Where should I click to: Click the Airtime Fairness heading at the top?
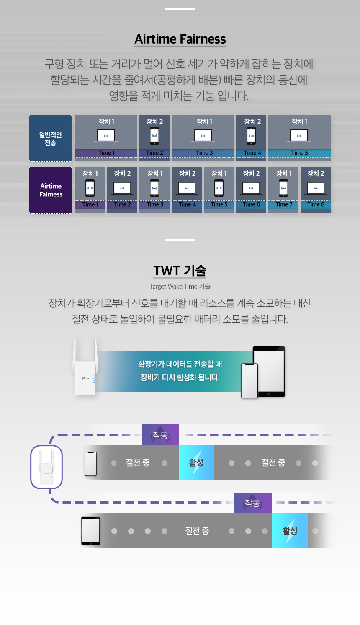click(x=180, y=39)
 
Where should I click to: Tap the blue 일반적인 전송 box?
click(x=51, y=138)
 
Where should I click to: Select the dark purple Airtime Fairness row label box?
click(x=51, y=190)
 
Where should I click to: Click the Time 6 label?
click(x=251, y=204)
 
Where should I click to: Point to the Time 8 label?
click(x=316, y=204)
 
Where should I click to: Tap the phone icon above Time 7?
click(x=283, y=188)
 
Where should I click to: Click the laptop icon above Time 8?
click(x=316, y=188)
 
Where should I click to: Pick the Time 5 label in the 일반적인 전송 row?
click(x=299, y=152)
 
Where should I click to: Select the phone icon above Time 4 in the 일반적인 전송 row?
click(x=251, y=136)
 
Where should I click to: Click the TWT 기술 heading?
click(x=180, y=270)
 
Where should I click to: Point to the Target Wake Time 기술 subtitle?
click(x=180, y=287)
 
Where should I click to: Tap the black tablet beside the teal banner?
click(x=269, y=372)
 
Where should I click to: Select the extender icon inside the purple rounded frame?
click(x=46, y=467)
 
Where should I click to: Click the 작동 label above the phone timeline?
click(x=160, y=435)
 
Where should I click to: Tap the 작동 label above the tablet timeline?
click(x=252, y=503)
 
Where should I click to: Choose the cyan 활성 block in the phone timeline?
click(x=196, y=462)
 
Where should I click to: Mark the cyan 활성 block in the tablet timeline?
click(x=290, y=531)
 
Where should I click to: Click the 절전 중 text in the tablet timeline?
click(x=197, y=531)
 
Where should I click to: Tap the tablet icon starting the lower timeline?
click(x=90, y=530)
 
